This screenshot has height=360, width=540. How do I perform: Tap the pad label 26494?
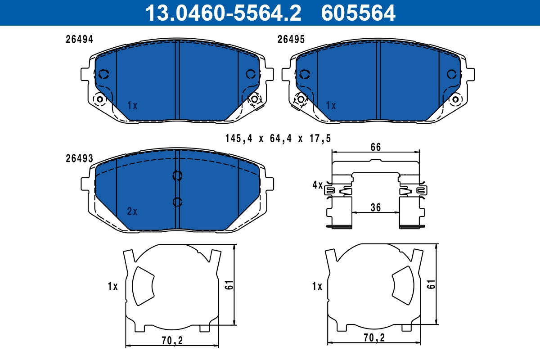79,40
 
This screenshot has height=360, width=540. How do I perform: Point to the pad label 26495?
291,40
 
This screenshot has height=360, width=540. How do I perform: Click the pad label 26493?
79,158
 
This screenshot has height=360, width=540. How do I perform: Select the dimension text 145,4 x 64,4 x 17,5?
278,139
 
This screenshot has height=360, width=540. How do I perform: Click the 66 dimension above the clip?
376,147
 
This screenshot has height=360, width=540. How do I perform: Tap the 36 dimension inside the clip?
376,207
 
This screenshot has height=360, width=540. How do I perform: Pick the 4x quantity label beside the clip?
317,184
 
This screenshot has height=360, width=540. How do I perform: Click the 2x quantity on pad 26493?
132,211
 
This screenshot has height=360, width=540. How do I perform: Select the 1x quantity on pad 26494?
132,106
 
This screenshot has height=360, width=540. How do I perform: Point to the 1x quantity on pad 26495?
331,106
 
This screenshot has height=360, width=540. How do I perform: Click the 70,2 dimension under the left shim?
171,341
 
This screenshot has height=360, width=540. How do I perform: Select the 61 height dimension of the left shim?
229,284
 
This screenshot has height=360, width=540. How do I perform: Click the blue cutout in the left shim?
143,284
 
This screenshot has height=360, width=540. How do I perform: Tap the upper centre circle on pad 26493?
177,176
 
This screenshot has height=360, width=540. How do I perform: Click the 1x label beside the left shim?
112,286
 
